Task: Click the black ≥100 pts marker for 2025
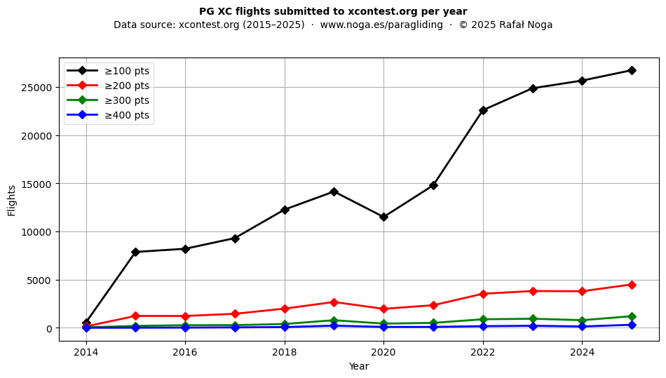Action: tap(632, 70)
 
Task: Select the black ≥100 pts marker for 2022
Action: tap(483, 110)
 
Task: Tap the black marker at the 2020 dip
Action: tap(383, 217)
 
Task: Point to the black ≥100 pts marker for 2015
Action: tap(135, 252)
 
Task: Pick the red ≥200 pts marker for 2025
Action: tap(632, 285)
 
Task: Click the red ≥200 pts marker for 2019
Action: tap(334, 302)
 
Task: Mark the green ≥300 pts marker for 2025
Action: tap(632, 316)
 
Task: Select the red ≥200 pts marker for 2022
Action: tap(483, 294)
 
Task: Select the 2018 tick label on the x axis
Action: tap(285, 352)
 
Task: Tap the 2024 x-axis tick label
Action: tap(582, 352)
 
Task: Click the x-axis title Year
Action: tap(359, 366)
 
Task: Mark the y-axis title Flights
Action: tap(12, 200)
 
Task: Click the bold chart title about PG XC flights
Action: tap(333, 11)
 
